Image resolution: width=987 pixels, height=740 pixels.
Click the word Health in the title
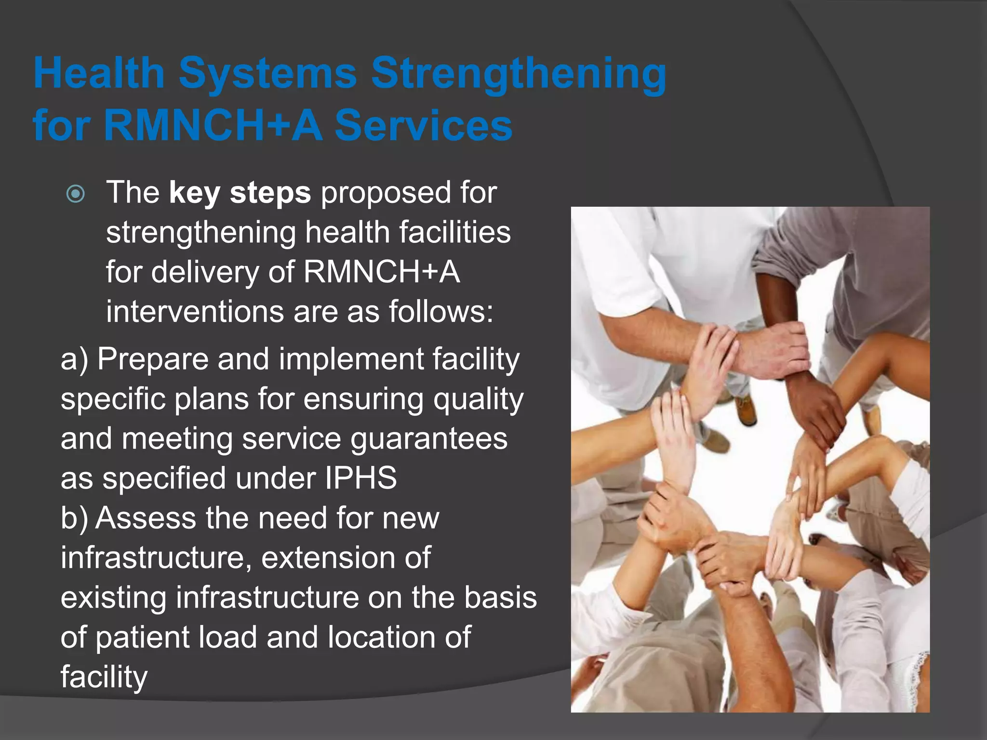(x=99, y=73)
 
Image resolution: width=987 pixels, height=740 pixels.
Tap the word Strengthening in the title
(x=519, y=74)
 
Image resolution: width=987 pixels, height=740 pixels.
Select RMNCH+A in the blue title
(x=213, y=126)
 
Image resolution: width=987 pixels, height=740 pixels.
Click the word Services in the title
(x=424, y=126)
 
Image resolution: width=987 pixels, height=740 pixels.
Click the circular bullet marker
(x=76, y=194)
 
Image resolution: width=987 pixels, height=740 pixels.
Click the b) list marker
(x=75, y=519)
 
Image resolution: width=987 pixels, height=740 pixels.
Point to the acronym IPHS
(x=360, y=478)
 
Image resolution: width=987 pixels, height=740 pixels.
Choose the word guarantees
(x=428, y=439)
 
